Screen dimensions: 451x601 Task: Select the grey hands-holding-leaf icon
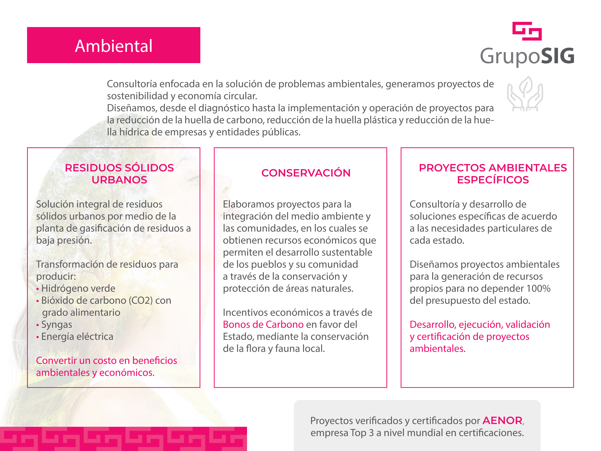click(x=525, y=94)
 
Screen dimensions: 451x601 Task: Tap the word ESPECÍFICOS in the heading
click(x=493, y=180)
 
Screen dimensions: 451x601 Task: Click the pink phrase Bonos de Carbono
click(x=263, y=325)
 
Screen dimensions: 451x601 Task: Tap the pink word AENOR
click(x=502, y=421)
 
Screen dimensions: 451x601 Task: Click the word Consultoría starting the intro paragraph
click(x=132, y=84)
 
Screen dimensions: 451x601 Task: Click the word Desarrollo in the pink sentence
click(x=433, y=325)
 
